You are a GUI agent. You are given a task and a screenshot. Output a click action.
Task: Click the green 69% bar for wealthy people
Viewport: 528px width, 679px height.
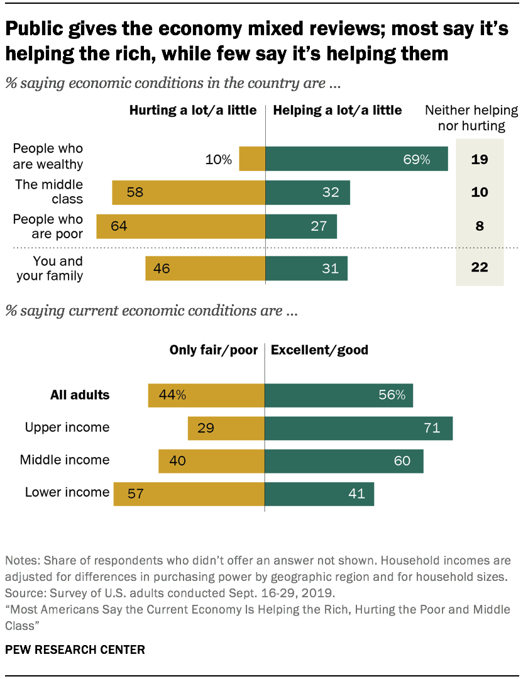tap(356, 159)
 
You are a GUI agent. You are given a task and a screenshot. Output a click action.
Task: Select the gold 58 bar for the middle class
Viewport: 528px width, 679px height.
tap(189, 192)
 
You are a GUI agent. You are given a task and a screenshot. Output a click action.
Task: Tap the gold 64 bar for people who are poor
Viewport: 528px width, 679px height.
tap(181, 226)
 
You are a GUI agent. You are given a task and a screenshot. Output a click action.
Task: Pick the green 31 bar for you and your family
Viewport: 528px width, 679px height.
tap(306, 268)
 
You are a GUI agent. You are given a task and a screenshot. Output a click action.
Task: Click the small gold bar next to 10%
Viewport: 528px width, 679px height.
tap(253, 159)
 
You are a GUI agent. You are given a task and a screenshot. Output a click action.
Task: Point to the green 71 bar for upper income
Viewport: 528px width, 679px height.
tap(358, 428)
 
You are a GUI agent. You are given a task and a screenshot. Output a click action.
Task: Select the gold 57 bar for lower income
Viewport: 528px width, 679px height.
tap(189, 494)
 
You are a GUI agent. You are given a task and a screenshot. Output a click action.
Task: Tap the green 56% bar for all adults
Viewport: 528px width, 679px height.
tap(339, 395)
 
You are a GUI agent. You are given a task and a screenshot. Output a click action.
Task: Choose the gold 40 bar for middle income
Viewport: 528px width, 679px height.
tap(212, 461)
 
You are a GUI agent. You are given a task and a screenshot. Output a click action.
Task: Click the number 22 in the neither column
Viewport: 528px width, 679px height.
tap(480, 268)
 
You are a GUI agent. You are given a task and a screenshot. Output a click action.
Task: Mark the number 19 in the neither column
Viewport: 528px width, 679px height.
tap(480, 159)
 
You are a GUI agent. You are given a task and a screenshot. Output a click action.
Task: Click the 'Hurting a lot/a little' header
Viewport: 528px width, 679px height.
tap(193, 110)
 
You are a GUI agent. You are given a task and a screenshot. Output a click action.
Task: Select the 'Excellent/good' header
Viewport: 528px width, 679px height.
tap(319, 350)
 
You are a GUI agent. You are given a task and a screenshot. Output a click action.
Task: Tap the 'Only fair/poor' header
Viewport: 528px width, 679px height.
tap(214, 350)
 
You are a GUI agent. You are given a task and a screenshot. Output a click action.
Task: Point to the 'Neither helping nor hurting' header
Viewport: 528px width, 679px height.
tap(471, 118)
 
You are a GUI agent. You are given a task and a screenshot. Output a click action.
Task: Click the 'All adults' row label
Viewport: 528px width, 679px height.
tap(80, 395)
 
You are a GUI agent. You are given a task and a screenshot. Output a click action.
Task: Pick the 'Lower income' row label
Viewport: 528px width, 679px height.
tap(67, 492)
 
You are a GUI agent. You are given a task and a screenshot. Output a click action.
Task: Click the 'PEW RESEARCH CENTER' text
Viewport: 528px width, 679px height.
tap(75, 649)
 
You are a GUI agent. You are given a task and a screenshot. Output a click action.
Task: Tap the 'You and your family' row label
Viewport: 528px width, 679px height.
tap(49, 268)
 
